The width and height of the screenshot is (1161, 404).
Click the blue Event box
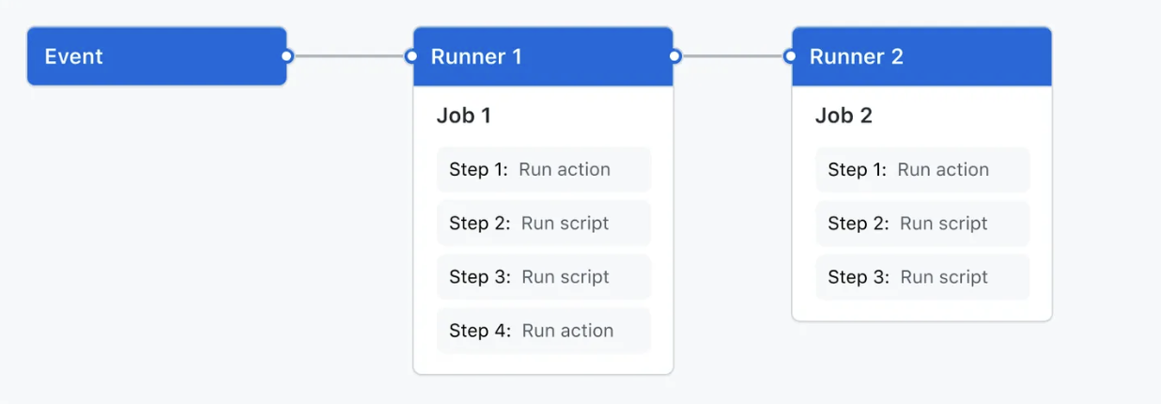click(156, 56)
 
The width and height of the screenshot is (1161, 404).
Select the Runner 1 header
click(543, 56)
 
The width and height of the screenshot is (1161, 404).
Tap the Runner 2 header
click(921, 56)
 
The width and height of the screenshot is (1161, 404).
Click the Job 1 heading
click(463, 116)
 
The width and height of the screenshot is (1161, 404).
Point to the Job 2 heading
click(843, 116)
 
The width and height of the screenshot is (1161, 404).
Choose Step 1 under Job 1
click(543, 170)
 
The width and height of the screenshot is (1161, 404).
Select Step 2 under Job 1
click(543, 224)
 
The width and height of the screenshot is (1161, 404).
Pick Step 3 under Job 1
click(543, 277)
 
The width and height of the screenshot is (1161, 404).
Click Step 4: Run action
click(543, 331)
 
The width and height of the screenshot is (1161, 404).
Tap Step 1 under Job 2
click(921, 170)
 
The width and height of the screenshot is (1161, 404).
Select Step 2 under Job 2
click(921, 224)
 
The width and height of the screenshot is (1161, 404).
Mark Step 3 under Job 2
click(921, 277)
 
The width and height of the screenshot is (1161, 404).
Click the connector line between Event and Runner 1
click(348, 56)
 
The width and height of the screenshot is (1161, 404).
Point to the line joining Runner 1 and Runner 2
click(732, 56)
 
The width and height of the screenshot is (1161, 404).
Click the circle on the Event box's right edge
click(287, 56)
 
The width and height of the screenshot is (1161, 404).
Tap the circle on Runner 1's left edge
click(411, 56)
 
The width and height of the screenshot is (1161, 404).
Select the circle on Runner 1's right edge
click(674, 56)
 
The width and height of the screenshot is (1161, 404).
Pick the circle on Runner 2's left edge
click(791, 56)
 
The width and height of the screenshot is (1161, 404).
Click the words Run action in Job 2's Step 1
click(943, 170)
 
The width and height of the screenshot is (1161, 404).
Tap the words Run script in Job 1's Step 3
click(565, 277)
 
